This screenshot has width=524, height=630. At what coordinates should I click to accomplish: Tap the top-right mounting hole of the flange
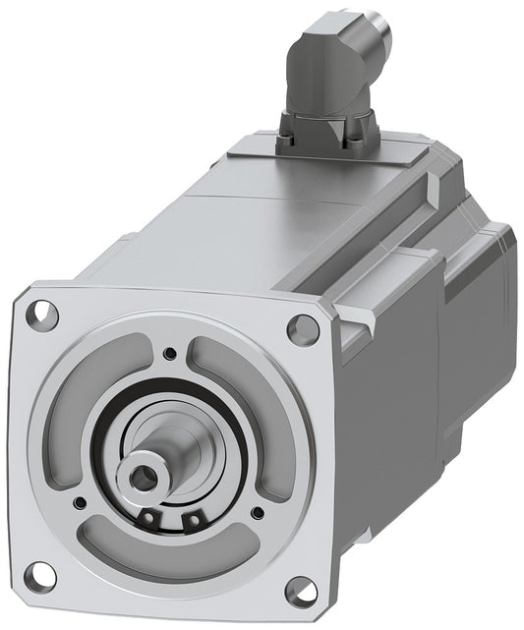[x=303, y=329]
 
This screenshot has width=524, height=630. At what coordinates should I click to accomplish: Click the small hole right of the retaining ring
[x=257, y=511]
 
